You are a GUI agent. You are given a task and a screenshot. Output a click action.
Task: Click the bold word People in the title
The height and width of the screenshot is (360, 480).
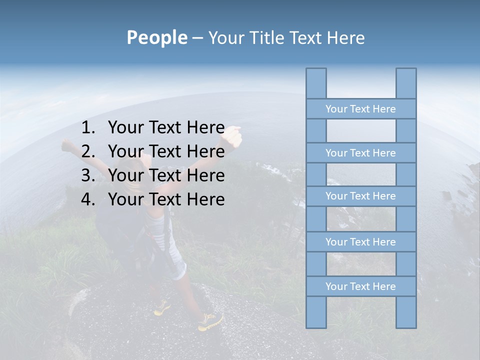[156, 37]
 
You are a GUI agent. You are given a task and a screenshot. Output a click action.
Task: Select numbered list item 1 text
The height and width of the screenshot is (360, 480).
[166, 127]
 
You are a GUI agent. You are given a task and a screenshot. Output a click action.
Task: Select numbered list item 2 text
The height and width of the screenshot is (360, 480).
[166, 151]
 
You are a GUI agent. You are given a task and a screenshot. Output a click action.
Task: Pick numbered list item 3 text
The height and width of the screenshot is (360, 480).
[166, 175]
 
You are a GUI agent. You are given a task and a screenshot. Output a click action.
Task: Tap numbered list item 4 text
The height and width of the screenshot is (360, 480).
[166, 199]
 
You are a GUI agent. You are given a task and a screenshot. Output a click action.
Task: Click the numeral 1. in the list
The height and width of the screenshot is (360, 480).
[88, 127]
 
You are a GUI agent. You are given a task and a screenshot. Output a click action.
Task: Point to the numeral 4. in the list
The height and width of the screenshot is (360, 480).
[88, 199]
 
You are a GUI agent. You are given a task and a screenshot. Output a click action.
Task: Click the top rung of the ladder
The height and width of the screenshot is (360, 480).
[360, 109]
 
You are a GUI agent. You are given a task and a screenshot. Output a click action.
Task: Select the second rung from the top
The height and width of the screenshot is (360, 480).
[360, 153]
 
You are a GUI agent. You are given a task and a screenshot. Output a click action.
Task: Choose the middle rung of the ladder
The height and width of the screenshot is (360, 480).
[360, 196]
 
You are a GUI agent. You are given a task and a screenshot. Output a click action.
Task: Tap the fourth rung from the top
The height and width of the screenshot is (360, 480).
[360, 242]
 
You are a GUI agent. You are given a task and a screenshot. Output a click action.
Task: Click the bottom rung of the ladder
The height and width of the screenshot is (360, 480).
[360, 286]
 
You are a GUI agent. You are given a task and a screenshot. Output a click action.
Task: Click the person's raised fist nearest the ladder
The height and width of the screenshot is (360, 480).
[232, 135]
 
